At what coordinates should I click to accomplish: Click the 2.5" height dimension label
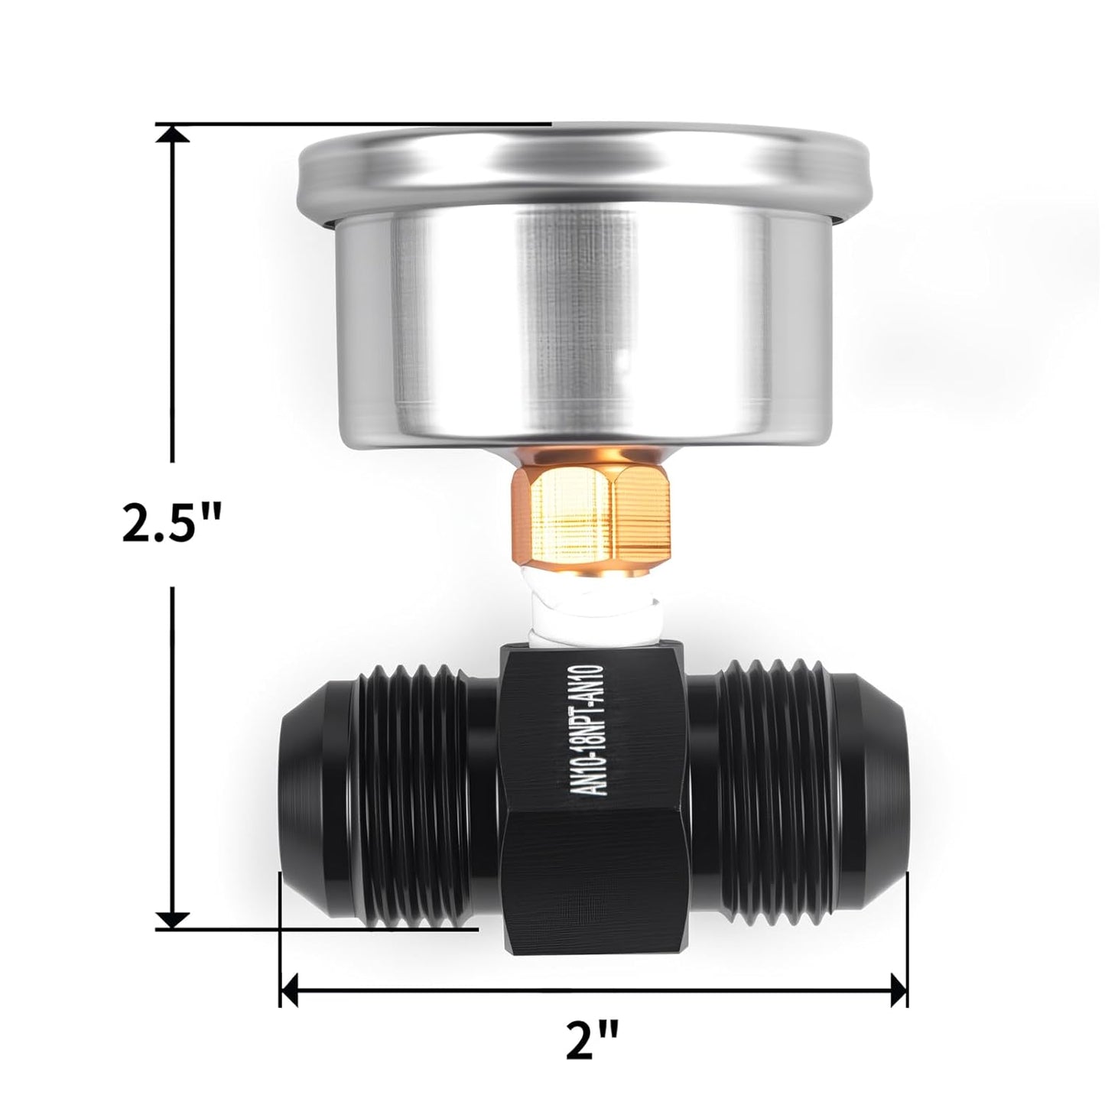(171, 524)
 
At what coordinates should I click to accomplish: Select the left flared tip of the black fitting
(306, 795)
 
